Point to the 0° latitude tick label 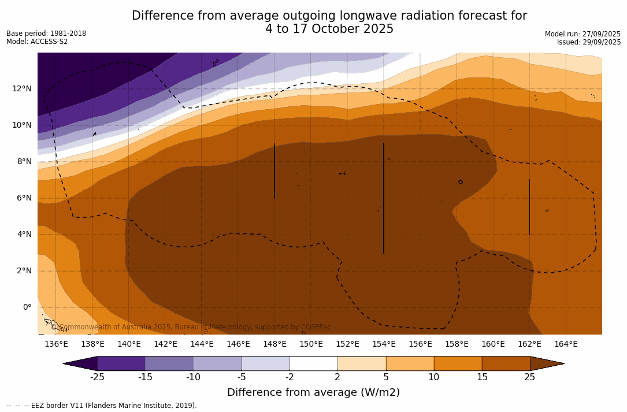tap(27, 307)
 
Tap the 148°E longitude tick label tap(274, 344)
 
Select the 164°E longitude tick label tap(566, 344)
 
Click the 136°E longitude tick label tap(56, 344)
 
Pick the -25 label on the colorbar tap(97, 377)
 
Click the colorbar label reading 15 tap(482, 377)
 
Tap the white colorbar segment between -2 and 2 tap(313, 363)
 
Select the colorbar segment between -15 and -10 tap(169, 363)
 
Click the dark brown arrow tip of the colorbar tap(548, 363)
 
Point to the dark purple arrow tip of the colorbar tap(80, 363)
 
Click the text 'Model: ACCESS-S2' tap(37, 42)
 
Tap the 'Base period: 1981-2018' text tap(46, 34)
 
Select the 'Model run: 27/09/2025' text tap(583, 34)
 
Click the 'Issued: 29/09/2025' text tap(589, 42)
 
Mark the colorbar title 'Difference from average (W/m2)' tap(313, 392)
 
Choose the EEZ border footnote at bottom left tap(102, 406)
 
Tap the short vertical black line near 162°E tap(529, 207)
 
